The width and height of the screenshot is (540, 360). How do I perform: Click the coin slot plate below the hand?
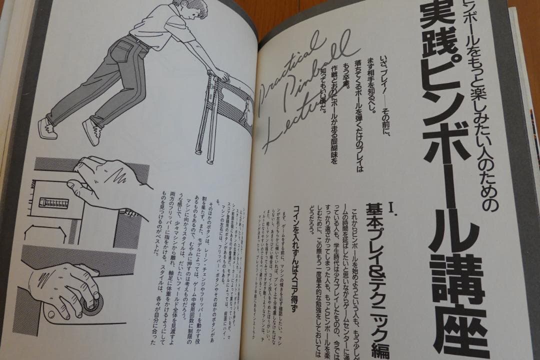[x=53, y=203]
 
